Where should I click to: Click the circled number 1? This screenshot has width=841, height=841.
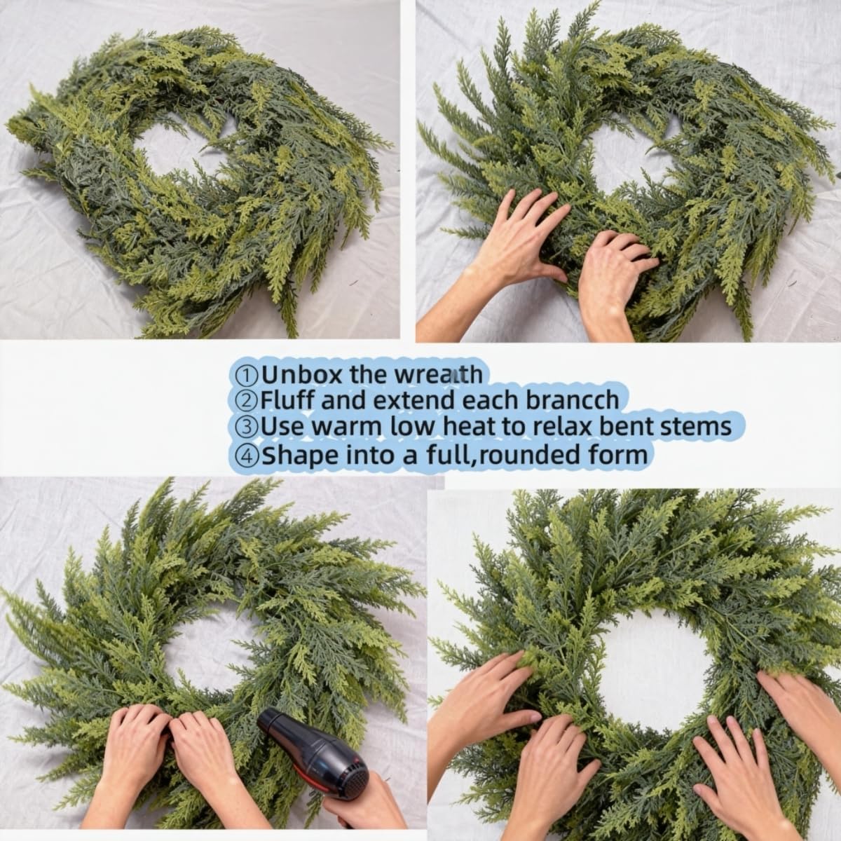click(x=246, y=375)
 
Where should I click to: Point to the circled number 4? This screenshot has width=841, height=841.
click(x=246, y=455)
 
